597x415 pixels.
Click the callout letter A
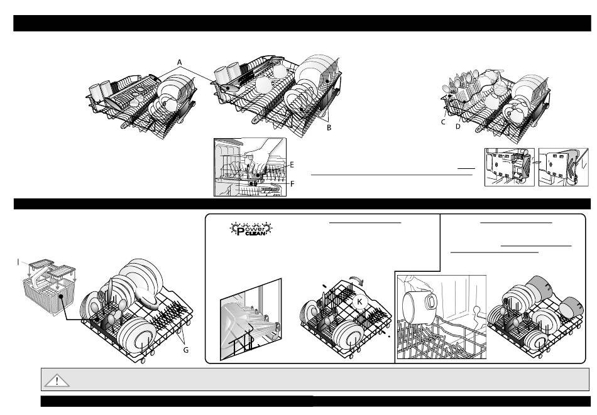[x=180, y=62]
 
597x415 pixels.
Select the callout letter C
[x=443, y=122]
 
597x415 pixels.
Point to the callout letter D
[x=458, y=127]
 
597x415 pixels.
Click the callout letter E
[x=292, y=164]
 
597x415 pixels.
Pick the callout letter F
[x=292, y=183]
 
